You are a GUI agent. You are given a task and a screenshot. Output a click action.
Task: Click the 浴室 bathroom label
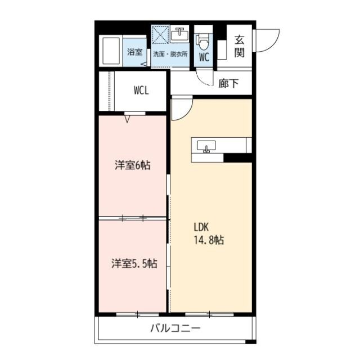pyautogui.click(x=134, y=52)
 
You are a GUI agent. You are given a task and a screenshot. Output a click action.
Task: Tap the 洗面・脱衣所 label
pyautogui.click(x=170, y=54)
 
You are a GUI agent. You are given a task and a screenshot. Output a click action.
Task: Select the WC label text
pyautogui.click(x=204, y=57)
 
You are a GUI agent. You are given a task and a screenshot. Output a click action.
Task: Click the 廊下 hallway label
pyautogui.click(x=228, y=83)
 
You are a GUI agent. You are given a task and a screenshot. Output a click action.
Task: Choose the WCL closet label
pyautogui.click(x=141, y=91)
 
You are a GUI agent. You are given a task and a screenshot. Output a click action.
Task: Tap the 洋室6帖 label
pyautogui.click(x=133, y=165)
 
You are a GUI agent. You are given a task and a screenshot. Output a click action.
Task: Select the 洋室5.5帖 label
pyautogui.click(x=133, y=263)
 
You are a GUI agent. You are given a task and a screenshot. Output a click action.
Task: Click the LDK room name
pyautogui.click(x=202, y=228)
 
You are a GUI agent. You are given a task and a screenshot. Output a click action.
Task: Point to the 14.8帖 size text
pyautogui.click(x=209, y=240)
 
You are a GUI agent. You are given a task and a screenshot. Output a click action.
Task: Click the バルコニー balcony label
pyautogui.click(x=175, y=329)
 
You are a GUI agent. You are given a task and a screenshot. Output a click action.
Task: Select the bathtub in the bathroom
pyautogui.click(x=111, y=51)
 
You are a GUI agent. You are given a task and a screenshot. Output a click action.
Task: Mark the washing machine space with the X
pyautogui.click(x=160, y=35)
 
